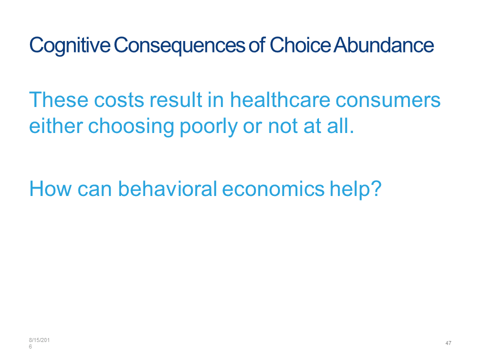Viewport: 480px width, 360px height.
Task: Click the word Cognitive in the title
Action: [70, 46]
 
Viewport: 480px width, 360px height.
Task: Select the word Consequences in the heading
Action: [179, 46]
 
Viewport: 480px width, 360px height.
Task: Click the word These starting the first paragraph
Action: [59, 100]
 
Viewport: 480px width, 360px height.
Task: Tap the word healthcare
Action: [280, 100]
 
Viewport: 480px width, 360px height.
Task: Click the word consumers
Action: [388, 100]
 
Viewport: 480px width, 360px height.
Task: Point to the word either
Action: [56, 126]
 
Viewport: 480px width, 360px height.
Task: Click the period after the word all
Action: [352, 132]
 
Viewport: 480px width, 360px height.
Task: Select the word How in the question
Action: [50, 188]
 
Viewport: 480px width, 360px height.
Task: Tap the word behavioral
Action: [167, 188]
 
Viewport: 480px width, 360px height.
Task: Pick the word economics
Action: [273, 188]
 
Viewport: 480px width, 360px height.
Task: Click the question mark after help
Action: [376, 188]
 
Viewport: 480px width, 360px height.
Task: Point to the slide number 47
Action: [448, 343]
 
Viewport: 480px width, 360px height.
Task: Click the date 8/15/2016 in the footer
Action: [39, 343]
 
